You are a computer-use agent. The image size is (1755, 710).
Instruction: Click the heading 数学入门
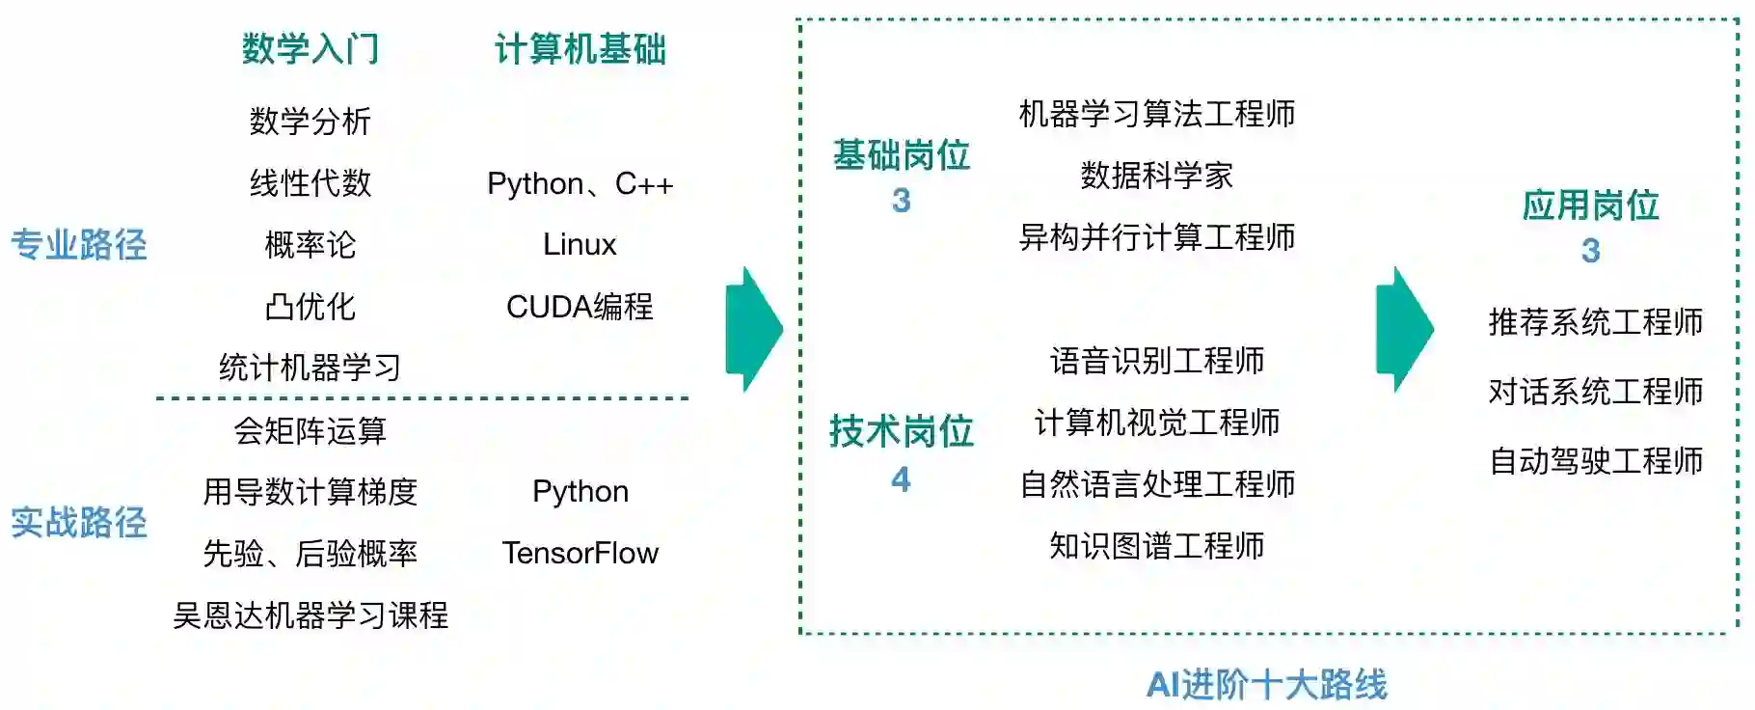(310, 49)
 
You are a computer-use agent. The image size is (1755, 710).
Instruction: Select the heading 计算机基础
(580, 49)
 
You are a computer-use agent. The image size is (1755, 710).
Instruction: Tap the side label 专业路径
(79, 245)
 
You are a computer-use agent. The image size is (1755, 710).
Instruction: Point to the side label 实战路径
(79, 523)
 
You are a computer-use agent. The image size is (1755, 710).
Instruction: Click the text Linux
(580, 245)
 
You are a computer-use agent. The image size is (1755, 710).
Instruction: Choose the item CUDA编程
(580, 307)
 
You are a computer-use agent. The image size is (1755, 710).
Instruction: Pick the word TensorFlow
(580, 554)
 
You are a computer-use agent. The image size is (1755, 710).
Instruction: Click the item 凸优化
(310, 307)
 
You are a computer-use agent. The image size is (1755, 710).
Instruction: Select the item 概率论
(310, 245)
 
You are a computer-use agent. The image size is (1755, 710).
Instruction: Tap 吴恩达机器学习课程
(310, 615)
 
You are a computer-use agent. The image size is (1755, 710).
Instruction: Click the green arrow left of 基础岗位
(753, 329)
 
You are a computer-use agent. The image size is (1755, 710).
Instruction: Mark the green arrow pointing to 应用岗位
(1404, 329)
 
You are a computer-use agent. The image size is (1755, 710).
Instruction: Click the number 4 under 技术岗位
(901, 479)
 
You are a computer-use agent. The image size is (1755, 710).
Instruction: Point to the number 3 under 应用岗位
(1590, 252)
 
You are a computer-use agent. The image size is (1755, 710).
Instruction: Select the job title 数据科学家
(1156, 176)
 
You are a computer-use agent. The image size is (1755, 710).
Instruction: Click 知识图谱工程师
(1156, 546)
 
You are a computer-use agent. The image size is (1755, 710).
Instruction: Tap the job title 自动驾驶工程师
(1596, 461)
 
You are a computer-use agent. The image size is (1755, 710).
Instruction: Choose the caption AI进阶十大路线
(1266, 685)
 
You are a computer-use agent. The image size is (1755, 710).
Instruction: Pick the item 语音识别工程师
(1156, 361)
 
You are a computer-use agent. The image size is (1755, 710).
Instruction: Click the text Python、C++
(580, 183)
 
